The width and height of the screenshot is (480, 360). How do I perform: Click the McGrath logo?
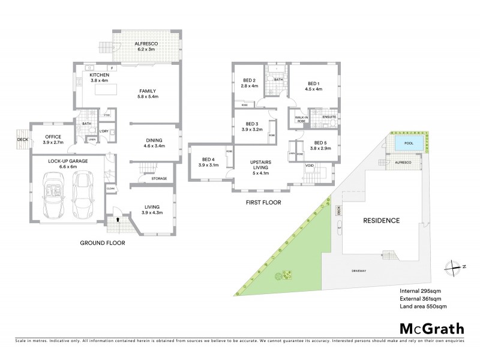click(431, 328)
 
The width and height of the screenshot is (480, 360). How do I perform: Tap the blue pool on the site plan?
click(408, 143)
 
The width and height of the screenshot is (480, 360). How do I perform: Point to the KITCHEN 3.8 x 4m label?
click(99, 77)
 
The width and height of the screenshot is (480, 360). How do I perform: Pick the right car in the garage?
click(82, 193)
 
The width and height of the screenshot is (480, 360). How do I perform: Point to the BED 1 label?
click(314, 86)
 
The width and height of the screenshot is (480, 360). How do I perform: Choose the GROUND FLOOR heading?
click(103, 243)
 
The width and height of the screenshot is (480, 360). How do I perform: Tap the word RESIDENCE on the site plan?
click(382, 220)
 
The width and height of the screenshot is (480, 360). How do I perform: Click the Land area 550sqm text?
click(423, 306)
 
